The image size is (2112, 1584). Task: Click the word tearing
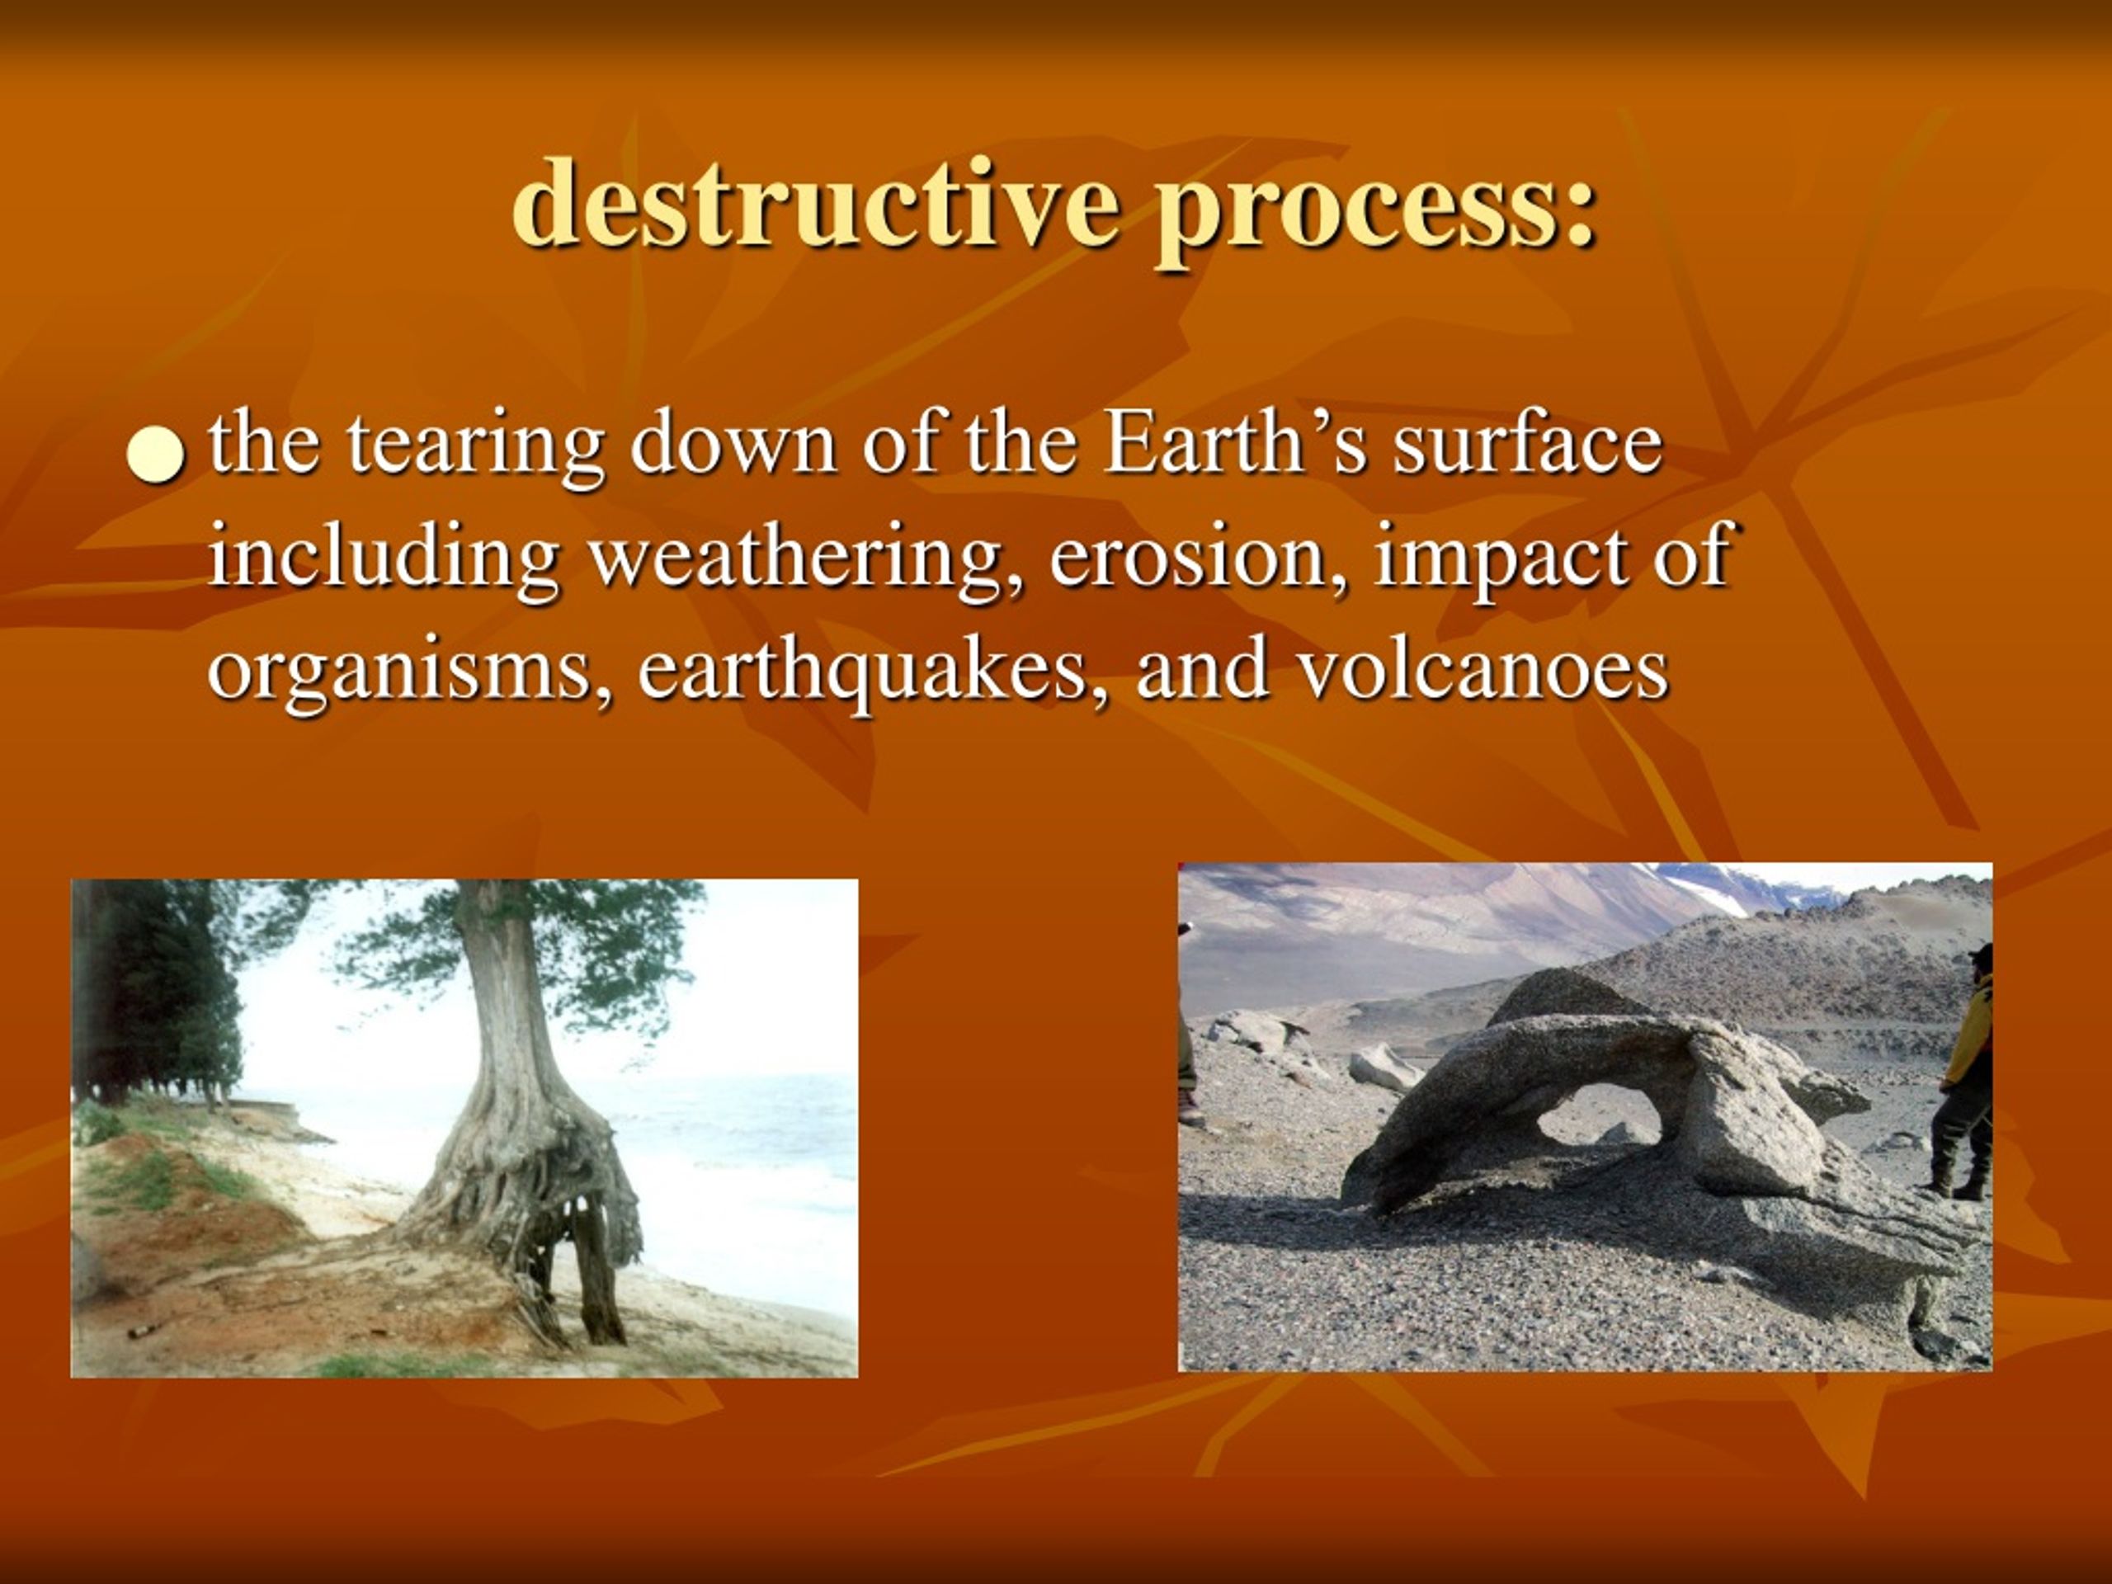[x=474, y=447]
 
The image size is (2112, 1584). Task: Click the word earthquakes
[x=874, y=672]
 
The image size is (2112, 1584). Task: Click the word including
[x=383, y=559]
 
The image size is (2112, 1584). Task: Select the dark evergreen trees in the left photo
[x=158, y=993]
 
